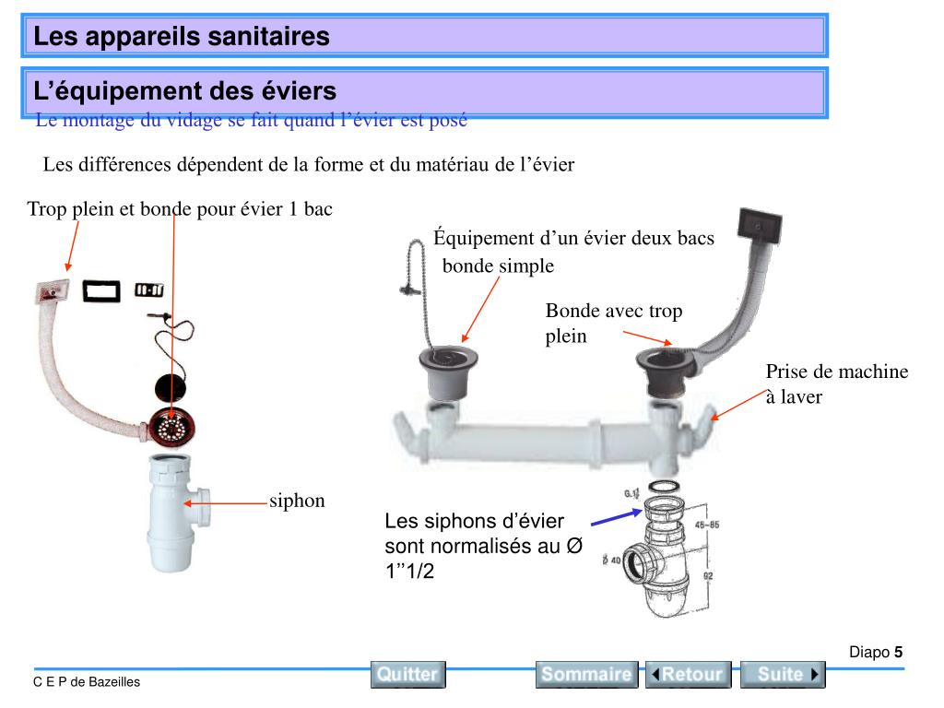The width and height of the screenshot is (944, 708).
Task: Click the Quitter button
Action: tap(407, 674)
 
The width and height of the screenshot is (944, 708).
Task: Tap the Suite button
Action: tap(783, 674)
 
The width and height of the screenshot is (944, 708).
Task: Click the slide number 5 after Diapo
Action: tap(898, 653)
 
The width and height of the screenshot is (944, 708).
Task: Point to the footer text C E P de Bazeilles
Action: tap(87, 682)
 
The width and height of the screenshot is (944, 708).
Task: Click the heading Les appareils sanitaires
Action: tap(182, 37)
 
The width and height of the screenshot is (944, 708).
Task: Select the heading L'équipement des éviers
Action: tap(184, 91)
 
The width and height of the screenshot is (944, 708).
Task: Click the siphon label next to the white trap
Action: tap(297, 501)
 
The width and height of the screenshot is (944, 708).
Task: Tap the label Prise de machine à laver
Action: tap(836, 384)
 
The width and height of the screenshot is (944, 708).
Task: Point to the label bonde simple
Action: tap(498, 266)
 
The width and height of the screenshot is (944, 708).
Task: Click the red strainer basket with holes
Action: tap(172, 426)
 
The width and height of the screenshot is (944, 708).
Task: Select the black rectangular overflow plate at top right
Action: tap(761, 224)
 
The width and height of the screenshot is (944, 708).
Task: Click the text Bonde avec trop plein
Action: tap(613, 323)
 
